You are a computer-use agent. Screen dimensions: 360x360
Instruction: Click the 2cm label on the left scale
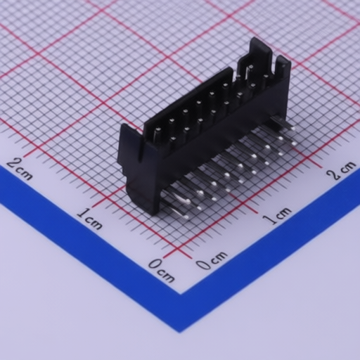20,169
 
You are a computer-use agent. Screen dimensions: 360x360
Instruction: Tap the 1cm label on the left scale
90,219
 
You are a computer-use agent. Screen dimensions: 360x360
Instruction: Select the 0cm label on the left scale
162,270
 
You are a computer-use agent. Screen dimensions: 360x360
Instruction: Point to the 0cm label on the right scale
212,261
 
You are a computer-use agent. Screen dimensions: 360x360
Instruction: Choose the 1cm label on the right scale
277,216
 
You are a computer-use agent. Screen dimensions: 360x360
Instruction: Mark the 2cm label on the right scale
342,170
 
